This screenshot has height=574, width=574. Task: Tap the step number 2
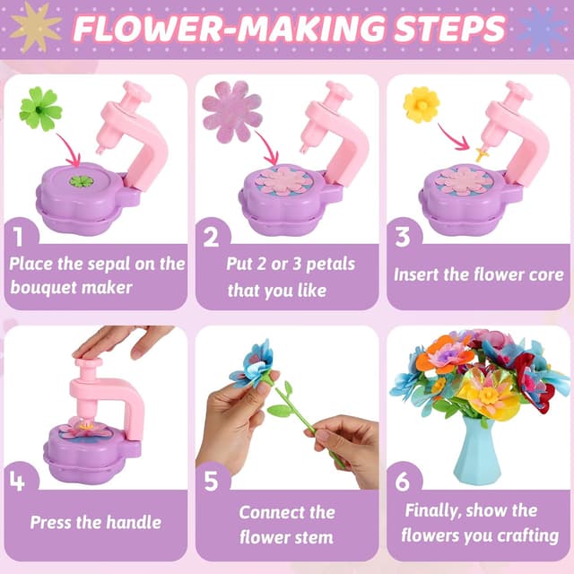(x=212, y=237)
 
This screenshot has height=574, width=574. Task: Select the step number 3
(x=403, y=237)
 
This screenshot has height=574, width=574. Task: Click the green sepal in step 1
(x=40, y=109)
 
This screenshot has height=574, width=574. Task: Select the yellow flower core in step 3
(x=421, y=105)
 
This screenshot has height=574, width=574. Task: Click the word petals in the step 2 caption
(x=327, y=264)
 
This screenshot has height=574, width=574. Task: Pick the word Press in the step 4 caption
(x=56, y=522)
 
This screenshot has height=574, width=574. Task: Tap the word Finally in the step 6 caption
(x=439, y=510)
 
